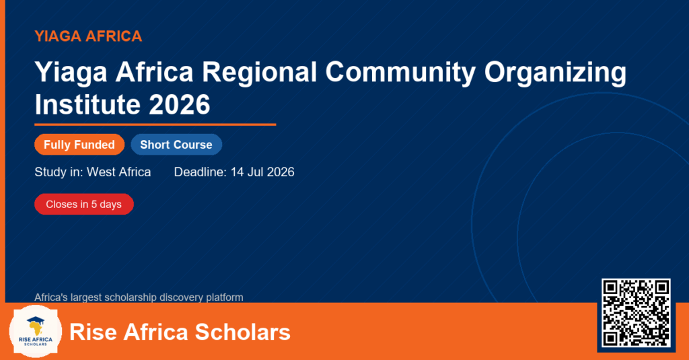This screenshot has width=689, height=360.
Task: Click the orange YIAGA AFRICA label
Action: [88, 36]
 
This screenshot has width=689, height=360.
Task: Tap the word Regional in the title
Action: [259, 71]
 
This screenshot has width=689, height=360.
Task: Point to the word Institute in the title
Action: [87, 104]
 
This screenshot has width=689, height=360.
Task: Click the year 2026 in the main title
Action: [179, 104]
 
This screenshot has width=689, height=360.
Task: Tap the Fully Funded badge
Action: [79, 145]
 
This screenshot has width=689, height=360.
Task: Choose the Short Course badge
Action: [176, 145]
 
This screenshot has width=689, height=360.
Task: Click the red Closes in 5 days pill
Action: [84, 205]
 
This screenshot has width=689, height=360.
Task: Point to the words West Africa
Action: [118, 172]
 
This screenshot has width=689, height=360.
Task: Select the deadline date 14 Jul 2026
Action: [262, 172]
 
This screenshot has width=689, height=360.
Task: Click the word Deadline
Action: [200, 172]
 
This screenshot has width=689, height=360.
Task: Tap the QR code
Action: [636, 313]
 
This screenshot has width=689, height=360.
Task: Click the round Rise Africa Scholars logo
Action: [36, 331]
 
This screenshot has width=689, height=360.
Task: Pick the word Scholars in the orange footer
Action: [242, 332]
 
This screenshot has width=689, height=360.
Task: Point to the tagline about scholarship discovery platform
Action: [139, 297]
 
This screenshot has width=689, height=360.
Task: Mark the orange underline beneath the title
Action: [155, 125]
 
